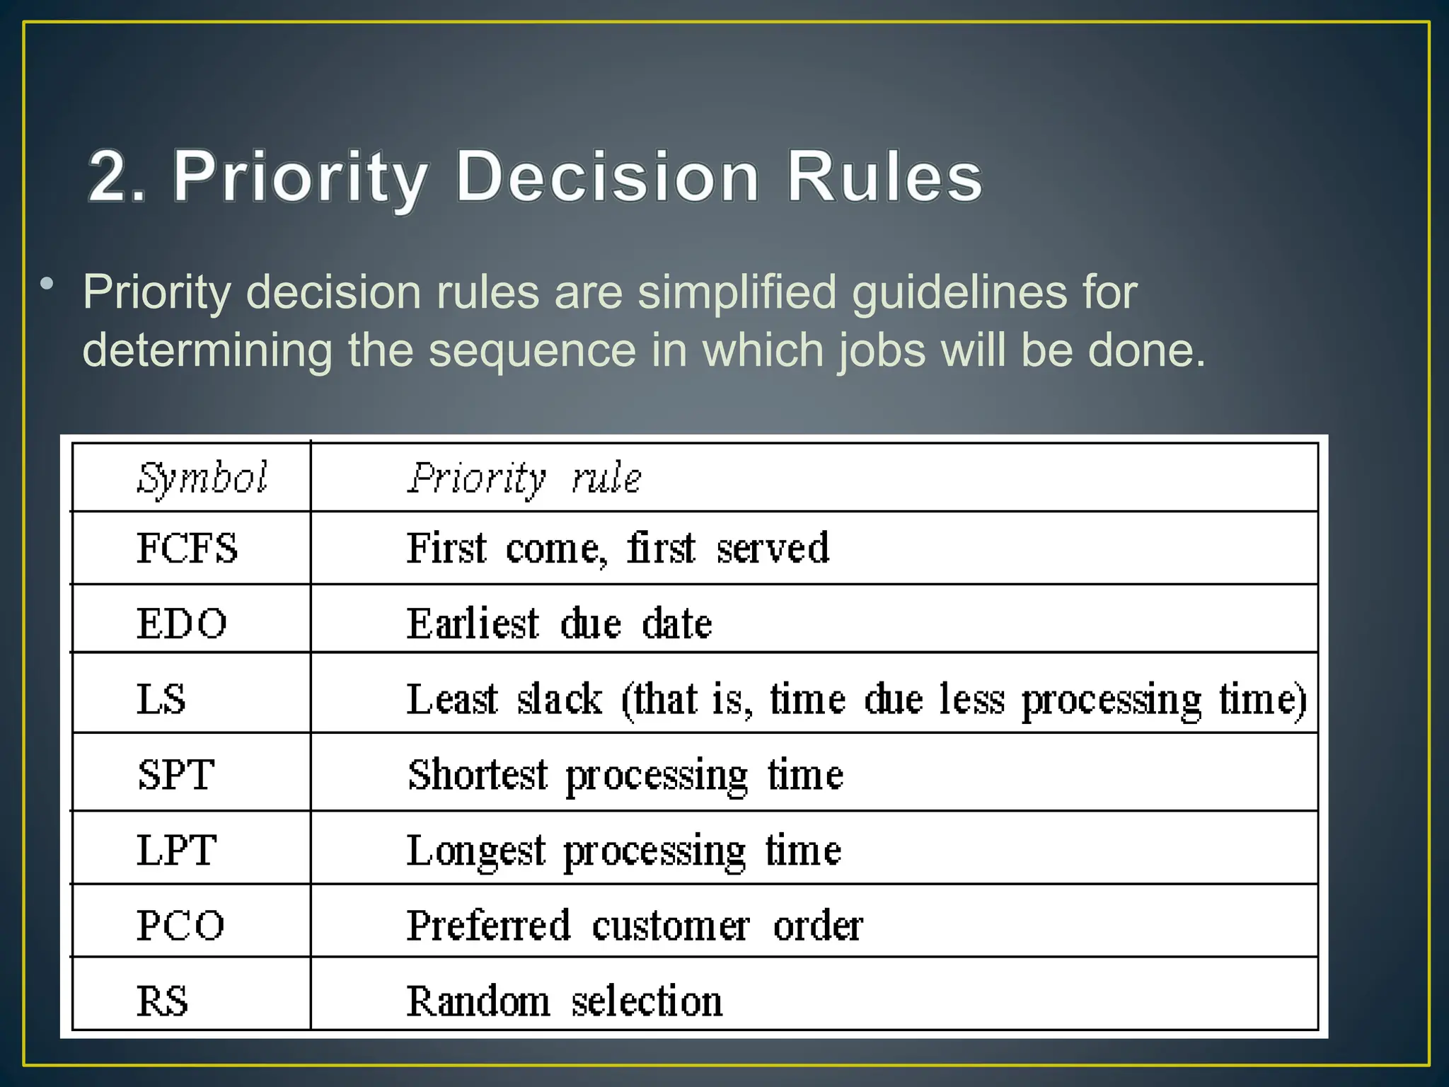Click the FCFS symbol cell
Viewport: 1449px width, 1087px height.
pos(187,548)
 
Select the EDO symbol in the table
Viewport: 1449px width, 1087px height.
pos(182,623)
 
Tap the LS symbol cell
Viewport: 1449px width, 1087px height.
pos(161,699)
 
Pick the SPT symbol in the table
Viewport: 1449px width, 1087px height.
pos(176,774)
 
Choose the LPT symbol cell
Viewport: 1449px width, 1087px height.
pos(176,850)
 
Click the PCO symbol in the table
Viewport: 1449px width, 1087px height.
pos(180,925)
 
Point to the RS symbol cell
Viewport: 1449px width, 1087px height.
pos(163,1001)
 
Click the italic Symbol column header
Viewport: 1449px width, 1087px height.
pos(202,478)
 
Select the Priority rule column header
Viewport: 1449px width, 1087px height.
pos(524,478)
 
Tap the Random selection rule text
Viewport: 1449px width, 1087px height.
pos(565,1001)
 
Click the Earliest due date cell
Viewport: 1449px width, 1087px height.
pos(559,623)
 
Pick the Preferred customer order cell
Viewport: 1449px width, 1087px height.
pos(635,925)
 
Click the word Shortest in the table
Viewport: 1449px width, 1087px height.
pos(478,774)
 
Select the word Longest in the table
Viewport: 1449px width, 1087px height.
pos(476,850)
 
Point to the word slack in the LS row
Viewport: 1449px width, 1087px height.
pos(559,699)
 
